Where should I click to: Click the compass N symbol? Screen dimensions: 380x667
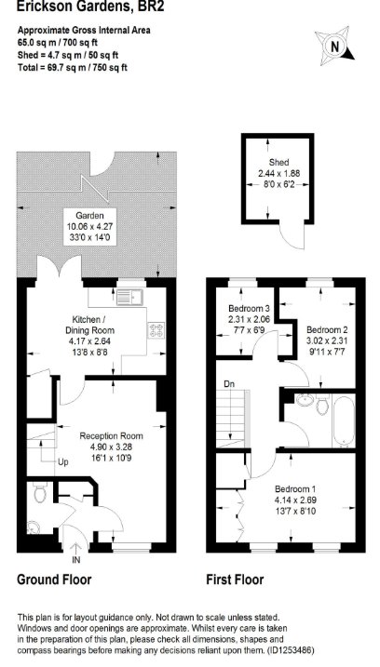coord(335,47)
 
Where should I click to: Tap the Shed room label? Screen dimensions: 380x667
coord(279,162)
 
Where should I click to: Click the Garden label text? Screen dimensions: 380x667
coord(89,215)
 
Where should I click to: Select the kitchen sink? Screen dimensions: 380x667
coord(131,297)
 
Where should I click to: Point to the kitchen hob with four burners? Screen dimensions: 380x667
coord(156,330)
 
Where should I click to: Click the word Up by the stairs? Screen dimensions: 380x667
coord(63,462)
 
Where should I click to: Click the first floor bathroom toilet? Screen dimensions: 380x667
coord(323,405)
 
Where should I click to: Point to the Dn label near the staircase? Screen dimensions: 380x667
coord(229,383)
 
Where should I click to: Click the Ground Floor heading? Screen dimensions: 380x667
coord(54,580)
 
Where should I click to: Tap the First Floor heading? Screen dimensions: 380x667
coord(235,580)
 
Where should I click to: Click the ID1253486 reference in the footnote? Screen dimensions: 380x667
coord(290,650)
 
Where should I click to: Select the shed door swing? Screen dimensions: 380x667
coord(294,236)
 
